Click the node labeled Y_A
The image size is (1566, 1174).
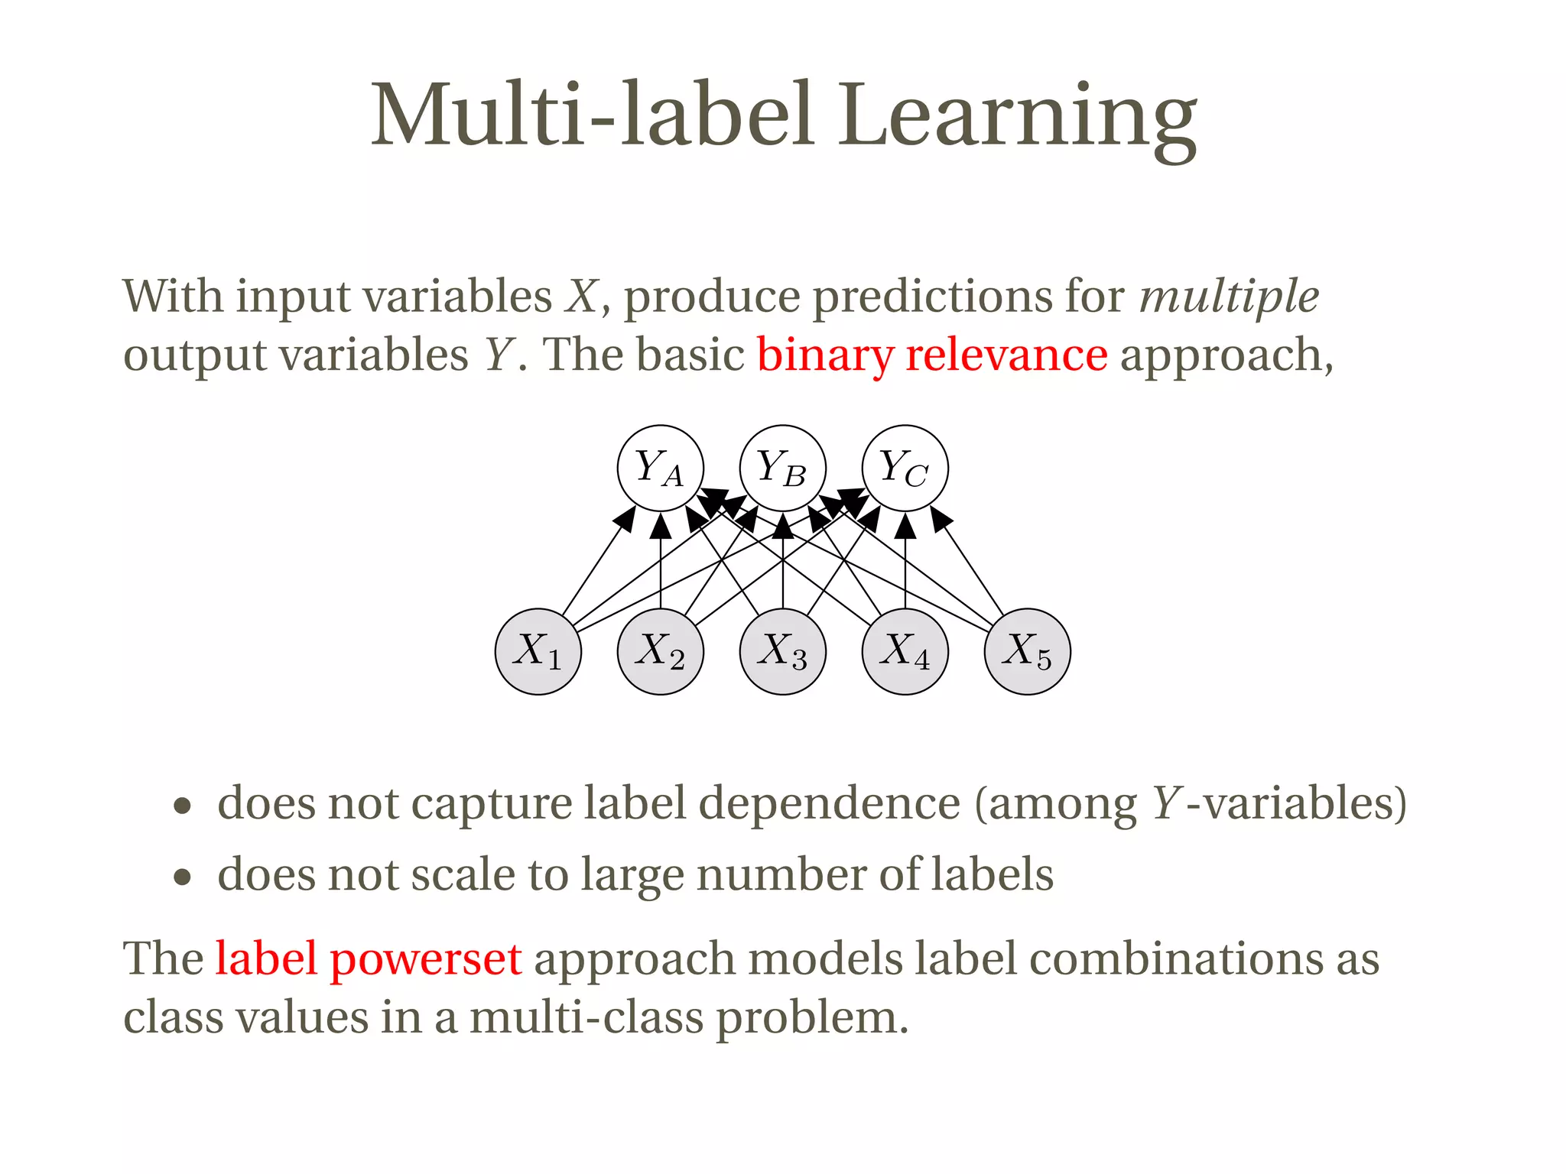point(660,468)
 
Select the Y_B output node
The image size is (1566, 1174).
point(782,468)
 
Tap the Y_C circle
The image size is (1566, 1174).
point(905,468)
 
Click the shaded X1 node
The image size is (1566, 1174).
point(538,651)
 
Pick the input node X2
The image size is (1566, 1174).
point(661,651)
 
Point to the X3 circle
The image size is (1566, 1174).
point(783,651)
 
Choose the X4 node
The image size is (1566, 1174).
point(905,651)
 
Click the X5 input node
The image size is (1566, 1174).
point(1027,651)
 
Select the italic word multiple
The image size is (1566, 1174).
point(1229,298)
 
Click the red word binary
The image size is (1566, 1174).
point(824,356)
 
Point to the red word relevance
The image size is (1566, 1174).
point(1006,356)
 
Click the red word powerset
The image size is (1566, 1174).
point(425,960)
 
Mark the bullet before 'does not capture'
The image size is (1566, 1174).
point(182,806)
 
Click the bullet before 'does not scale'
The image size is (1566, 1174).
point(182,877)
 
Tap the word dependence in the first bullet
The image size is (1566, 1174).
point(829,804)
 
